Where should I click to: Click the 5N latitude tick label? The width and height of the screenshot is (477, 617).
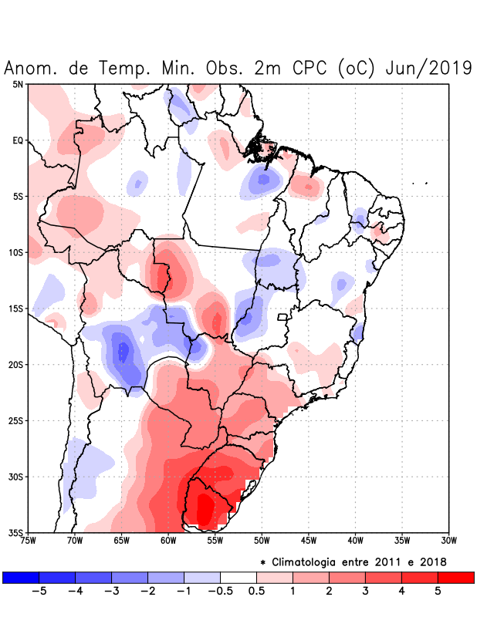18,84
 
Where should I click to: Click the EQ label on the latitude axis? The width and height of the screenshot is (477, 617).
18,140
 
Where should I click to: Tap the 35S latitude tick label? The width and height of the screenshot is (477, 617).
15,532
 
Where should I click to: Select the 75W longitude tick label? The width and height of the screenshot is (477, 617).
29,540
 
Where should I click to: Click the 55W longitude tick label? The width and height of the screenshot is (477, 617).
215,540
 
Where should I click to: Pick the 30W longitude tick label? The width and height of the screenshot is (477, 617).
449,540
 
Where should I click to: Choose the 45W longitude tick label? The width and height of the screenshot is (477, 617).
309,540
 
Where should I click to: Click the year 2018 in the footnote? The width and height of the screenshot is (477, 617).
433,561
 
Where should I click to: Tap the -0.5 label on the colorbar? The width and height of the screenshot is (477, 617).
219,592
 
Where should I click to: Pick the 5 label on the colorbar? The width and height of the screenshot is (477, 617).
438,592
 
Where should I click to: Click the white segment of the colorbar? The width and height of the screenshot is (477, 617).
238,578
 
